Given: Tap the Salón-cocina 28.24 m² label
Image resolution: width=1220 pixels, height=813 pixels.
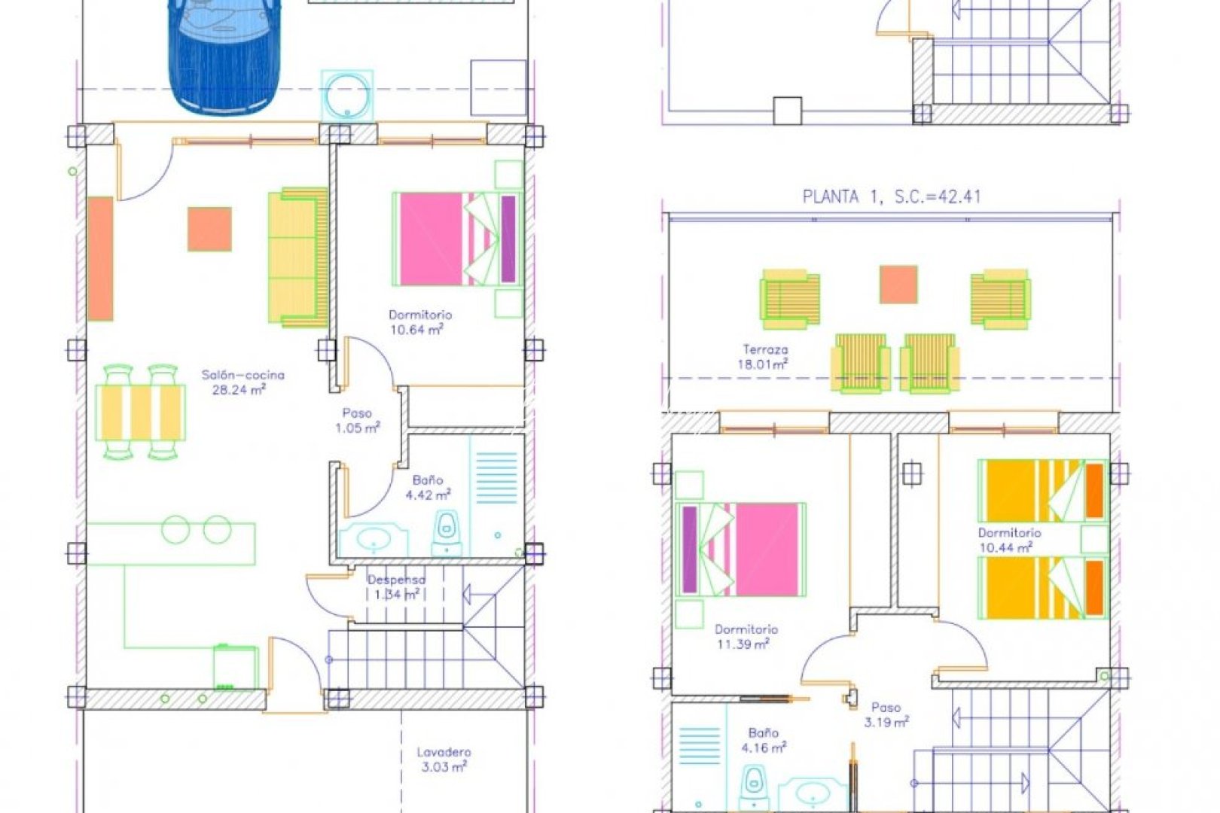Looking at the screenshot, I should coord(242,382).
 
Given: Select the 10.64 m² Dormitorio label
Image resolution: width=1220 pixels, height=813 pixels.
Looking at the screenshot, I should coord(419,322).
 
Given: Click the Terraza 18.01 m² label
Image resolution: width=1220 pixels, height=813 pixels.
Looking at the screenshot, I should coord(765,357).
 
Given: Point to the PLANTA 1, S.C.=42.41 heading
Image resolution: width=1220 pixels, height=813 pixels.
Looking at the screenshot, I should coord(891,197).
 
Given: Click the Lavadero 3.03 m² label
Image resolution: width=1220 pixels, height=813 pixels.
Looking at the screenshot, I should coord(444,760).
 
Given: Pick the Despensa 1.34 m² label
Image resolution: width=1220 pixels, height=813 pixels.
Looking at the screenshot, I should coord(396,587).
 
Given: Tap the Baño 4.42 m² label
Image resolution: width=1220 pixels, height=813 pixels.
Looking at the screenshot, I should coord(428,488).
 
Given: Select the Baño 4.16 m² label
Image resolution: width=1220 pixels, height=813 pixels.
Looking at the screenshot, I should coord(764,740).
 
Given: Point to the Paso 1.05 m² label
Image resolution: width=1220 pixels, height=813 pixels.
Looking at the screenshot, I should coord(357,421).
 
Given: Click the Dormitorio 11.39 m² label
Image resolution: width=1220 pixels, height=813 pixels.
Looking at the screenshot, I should coord(746,637).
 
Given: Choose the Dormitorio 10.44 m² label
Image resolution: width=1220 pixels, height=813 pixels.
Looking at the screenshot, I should coord(1008,540).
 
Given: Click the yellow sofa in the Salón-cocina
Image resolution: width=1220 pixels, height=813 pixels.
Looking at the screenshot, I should coord(297,257).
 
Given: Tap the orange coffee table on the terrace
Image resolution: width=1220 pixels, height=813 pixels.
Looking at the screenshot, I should coord(898,285).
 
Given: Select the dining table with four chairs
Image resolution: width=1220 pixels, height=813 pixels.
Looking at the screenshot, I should coord(140,412).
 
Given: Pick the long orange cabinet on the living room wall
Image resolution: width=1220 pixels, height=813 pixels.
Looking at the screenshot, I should coord(100,259).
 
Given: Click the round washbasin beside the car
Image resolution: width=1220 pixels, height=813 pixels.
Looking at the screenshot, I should coord(347,96).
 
